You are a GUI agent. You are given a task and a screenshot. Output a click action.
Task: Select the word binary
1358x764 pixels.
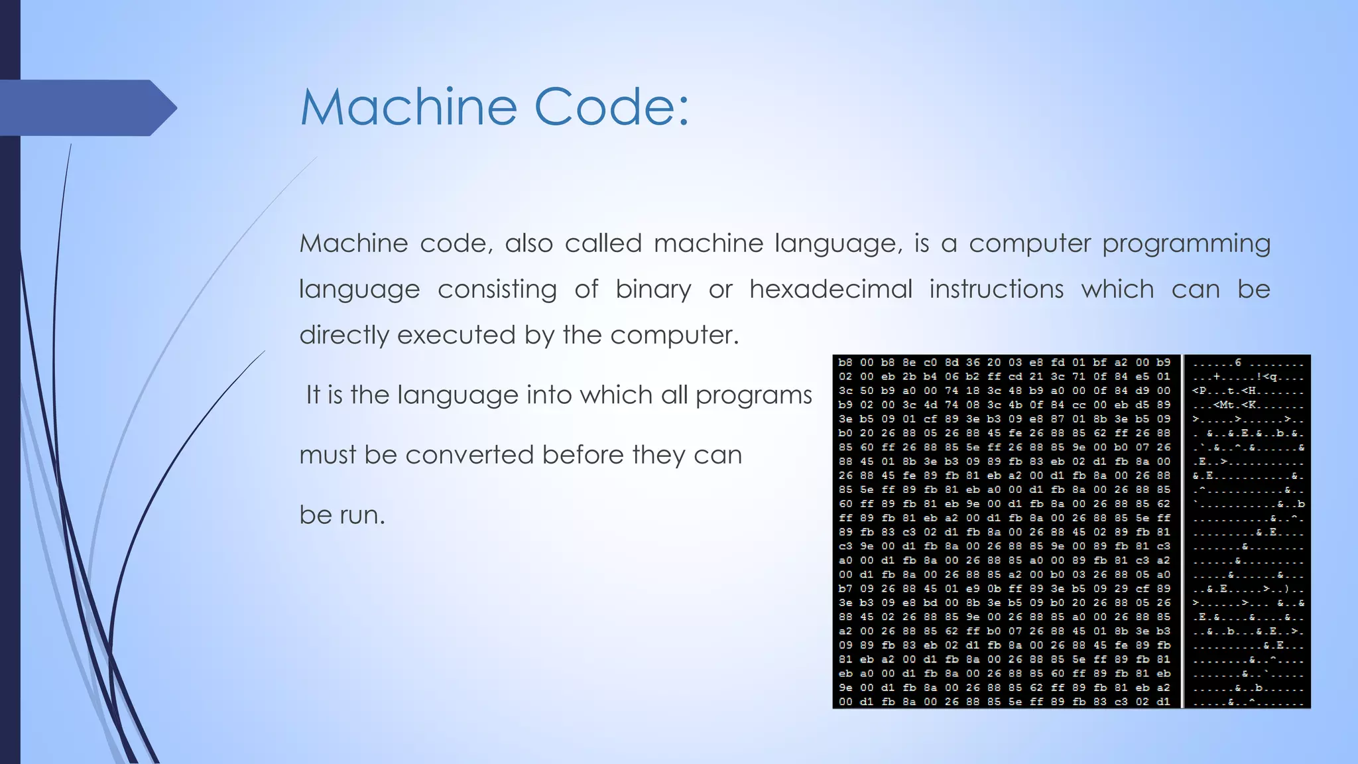click(653, 290)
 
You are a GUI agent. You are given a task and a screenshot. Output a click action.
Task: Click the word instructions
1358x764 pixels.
click(996, 289)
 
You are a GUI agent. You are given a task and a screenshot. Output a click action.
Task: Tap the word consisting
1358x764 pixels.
click(497, 290)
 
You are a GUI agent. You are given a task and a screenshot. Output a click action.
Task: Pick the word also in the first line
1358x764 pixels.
click(528, 243)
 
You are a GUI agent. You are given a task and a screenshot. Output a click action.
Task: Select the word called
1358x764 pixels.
click(603, 243)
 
